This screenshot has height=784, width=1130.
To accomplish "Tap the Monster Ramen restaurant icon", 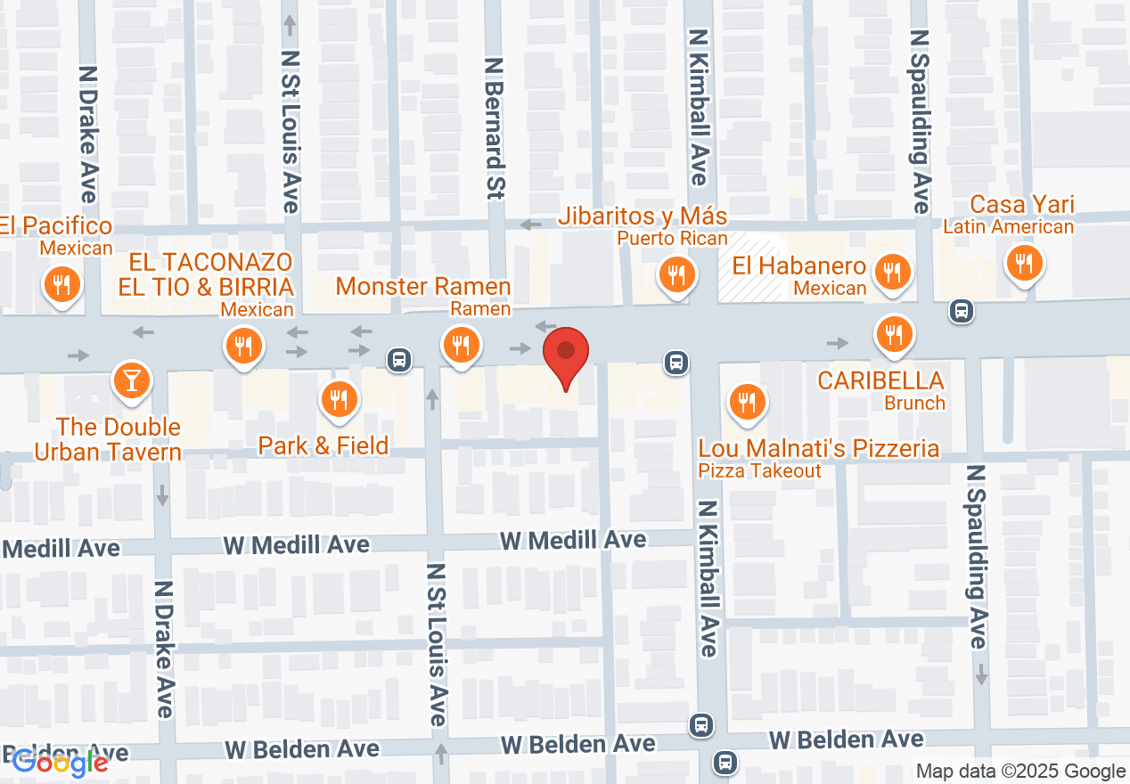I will pyautogui.click(x=460, y=343).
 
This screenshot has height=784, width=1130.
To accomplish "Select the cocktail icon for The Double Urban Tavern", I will pyautogui.click(x=131, y=380).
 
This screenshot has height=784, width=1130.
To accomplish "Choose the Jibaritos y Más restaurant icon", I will pyautogui.click(x=676, y=274).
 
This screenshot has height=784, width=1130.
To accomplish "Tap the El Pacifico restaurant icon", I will pyautogui.click(x=61, y=284).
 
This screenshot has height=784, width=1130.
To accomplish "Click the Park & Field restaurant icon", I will pyautogui.click(x=339, y=399).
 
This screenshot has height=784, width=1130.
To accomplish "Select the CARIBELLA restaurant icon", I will pyautogui.click(x=893, y=334).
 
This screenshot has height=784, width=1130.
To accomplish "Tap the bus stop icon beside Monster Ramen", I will pyautogui.click(x=398, y=360).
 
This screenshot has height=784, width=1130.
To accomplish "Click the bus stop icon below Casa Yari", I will pyautogui.click(x=961, y=311).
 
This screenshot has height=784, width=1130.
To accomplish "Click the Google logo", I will pyautogui.click(x=61, y=762).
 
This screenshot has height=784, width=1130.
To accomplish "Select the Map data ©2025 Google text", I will pyautogui.click(x=1021, y=772).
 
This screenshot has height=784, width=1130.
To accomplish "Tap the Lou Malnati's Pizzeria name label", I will pyautogui.click(x=818, y=447).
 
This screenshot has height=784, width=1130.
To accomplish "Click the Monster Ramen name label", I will pyautogui.click(x=423, y=287).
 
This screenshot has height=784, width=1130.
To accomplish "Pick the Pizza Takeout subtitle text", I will pyautogui.click(x=759, y=470).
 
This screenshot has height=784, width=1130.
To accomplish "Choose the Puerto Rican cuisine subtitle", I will pyautogui.click(x=674, y=239).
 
